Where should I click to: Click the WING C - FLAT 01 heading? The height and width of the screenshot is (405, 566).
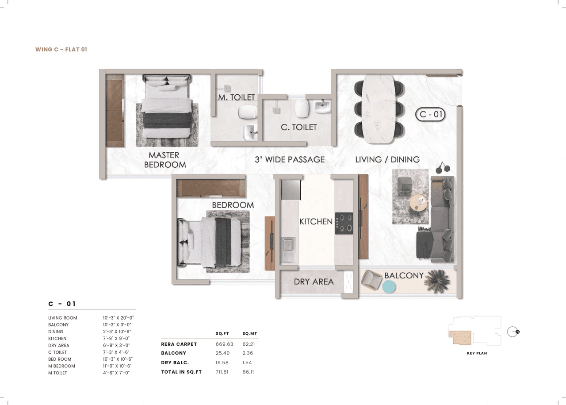click(x=61, y=50)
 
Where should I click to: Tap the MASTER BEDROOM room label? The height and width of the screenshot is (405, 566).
click(x=164, y=160)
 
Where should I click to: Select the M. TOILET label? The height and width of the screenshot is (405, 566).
click(x=236, y=97)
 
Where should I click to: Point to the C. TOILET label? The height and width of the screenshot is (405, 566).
click(x=299, y=127)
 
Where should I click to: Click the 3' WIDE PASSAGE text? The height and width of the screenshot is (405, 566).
click(x=290, y=159)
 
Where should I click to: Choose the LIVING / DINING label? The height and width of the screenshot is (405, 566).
click(x=387, y=159)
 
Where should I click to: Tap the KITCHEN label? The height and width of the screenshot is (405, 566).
click(x=316, y=221)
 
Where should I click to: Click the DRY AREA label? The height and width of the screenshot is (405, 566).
click(x=314, y=282)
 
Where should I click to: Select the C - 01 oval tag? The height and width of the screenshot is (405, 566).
click(x=431, y=115)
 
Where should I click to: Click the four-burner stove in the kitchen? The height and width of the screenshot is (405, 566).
click(x=344, y=223)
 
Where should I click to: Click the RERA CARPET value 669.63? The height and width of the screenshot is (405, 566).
click(x=224, y=344)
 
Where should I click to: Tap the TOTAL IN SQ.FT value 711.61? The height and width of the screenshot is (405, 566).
click(x=224, y=372)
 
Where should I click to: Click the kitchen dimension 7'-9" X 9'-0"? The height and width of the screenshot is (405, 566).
click(x=116, y=339)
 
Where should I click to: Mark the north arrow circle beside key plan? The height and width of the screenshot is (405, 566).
click(x=512, y=332)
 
